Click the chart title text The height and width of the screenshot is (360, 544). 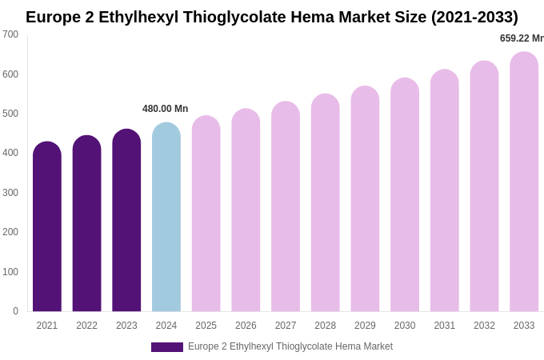pyautogui.click(x=272, y=17)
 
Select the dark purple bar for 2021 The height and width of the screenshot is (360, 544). pyautogui.click(x=47, y=228)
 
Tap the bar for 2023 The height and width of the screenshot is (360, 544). pyautogui.click(x=126, y=222)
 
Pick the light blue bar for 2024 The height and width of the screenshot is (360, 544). pyautogui.click(x=166, y=218)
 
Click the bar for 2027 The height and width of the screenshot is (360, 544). pyautogui.click(x=286, y=208)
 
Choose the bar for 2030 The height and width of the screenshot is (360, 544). pyautogui.click(x=405, y=196)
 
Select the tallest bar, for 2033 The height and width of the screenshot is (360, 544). pyautogui.click(x=524, y=182)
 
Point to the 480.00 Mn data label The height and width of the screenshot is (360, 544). pyautogui.click(x=166, y=109)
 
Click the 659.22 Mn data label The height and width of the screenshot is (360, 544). pyautogui.click(x=522, y=38)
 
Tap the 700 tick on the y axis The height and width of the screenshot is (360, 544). pyautogui.click(x=10, y=34)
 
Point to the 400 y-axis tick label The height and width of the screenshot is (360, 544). pyautogui.click(x=10, y=153)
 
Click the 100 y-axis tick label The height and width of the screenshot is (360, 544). pyautogui.click(x=10, y=272)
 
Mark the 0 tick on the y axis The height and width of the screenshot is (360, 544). pyautogui.click(x=15, y=311)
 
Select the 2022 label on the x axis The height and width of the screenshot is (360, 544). pyautogui.click(x=87, y=326)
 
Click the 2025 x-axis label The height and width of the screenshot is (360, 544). pyautogui.click(x=206, y=326)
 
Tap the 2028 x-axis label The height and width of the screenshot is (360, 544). pyautogui.click(x=326, y=326)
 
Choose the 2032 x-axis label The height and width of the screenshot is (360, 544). pyautogui.click(x=484, y=326)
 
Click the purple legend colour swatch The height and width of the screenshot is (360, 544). pyautogui.click(x=167, y=347)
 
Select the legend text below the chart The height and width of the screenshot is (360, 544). pyautogui.click(x=290, y=346)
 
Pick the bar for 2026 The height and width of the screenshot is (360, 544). pyautogui.click(x=246, y=211)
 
